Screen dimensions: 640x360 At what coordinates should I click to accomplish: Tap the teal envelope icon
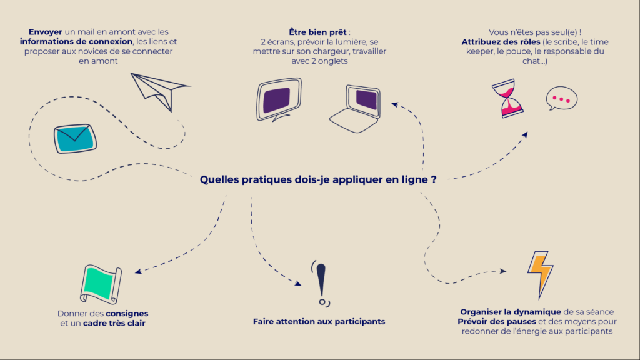75,139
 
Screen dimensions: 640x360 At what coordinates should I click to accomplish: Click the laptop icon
355,109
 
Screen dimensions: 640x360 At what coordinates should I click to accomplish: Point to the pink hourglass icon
507,98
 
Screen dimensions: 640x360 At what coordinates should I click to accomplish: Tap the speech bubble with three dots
562,98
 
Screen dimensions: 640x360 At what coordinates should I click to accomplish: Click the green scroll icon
101,284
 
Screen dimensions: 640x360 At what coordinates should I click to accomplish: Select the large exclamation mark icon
321,283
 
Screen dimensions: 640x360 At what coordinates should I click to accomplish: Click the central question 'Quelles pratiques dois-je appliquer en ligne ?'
318,179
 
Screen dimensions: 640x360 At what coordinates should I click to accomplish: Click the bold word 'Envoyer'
45,32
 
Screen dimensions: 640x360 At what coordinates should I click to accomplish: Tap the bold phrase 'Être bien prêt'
317,32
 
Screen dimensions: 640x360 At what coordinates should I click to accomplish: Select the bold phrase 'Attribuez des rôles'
501,42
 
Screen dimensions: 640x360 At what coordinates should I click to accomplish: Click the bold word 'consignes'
127,314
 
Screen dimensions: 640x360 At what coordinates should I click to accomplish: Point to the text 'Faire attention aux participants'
319,322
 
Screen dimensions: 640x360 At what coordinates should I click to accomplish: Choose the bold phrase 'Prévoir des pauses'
497,322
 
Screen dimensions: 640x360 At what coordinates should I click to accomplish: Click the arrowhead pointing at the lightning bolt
503,271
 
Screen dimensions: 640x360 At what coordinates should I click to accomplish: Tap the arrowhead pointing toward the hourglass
525,135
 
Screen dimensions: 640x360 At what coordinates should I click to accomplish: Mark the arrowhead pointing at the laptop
394,104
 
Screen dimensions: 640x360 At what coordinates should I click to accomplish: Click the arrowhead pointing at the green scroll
138,271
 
